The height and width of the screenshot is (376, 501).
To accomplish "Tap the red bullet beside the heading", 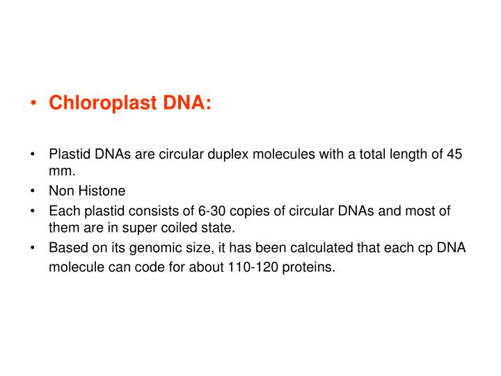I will (33, 104).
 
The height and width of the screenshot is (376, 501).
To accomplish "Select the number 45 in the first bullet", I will (454, 154).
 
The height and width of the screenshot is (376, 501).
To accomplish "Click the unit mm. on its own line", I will (61, 169).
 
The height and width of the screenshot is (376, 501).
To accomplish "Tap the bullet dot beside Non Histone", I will (33, 191).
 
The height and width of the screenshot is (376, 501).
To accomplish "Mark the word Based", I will (65, 247).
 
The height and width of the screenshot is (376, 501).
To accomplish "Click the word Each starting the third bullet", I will (62, 211).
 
